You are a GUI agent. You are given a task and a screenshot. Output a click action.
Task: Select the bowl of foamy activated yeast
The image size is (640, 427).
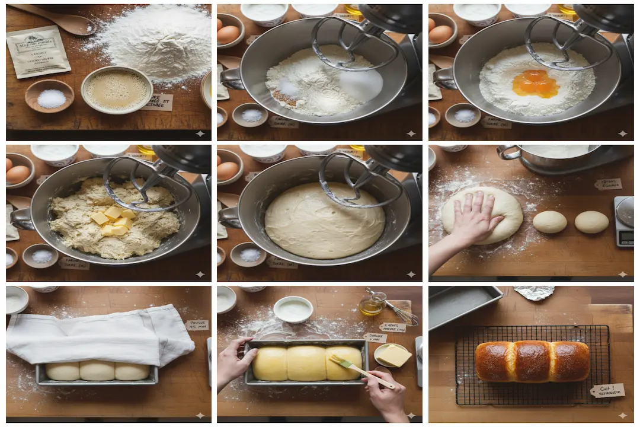[x=117, y=90]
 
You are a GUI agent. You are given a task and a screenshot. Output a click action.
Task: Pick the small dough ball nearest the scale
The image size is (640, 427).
[x=591, y=222]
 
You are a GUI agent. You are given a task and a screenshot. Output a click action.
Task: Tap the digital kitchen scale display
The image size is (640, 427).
[x=625, y=236]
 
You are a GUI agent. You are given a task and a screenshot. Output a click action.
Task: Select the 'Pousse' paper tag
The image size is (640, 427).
[x=196, y=325]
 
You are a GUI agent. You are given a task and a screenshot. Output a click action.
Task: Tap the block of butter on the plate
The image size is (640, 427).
[x=394, y=355]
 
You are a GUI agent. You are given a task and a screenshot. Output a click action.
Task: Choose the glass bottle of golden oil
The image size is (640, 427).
[x=372, y=305]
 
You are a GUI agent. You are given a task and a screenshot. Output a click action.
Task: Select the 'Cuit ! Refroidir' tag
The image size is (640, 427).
[x=607, y=390]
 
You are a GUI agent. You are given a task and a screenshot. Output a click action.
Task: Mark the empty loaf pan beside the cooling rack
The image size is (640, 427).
[x=462, y=305]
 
